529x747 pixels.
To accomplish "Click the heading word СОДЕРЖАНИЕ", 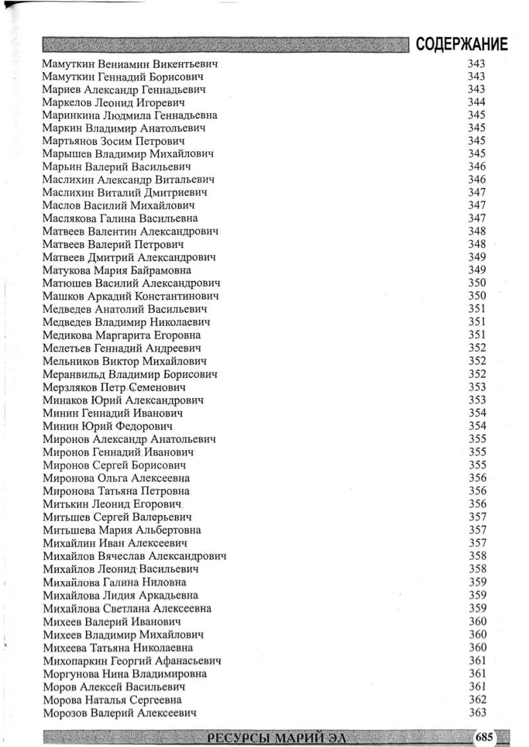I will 462,45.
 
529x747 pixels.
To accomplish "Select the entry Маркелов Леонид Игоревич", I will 113,102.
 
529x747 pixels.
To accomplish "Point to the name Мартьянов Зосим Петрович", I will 113,141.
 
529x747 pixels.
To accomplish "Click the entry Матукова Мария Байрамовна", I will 117,270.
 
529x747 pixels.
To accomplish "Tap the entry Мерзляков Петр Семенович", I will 114,387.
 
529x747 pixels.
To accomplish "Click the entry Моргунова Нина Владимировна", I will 124,674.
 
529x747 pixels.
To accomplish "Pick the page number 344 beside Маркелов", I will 477,102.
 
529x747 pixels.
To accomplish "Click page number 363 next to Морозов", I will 477,713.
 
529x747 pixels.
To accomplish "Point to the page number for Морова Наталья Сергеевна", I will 477,699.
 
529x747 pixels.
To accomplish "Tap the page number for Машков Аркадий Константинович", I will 477,296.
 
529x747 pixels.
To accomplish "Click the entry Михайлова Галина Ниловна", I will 114,582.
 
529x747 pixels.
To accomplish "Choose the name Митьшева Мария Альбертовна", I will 122,530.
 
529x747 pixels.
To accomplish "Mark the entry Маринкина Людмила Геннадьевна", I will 130,115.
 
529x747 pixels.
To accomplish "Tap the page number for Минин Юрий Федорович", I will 477,426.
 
